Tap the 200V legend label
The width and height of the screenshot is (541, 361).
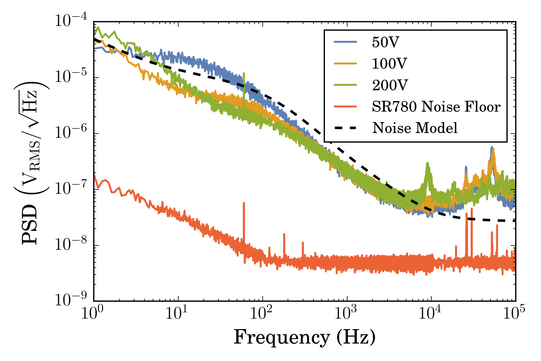(x=390, y=85)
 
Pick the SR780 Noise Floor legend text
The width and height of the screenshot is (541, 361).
(x=436, y=107)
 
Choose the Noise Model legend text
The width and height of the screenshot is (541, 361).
(x=415, y=128)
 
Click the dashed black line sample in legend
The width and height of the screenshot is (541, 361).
(x=345, y=128)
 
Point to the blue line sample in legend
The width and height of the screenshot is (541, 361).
(x=345, y=42)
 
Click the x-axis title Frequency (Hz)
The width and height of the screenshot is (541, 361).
(x=304, y=338)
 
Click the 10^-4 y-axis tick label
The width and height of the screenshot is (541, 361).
(x=71, y=22)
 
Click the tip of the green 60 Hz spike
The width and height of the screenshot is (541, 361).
(x=244, y=73)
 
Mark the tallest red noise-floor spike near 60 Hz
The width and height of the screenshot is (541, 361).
(x=244, y=203)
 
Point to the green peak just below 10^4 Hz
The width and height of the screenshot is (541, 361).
(x=427, y=163)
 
